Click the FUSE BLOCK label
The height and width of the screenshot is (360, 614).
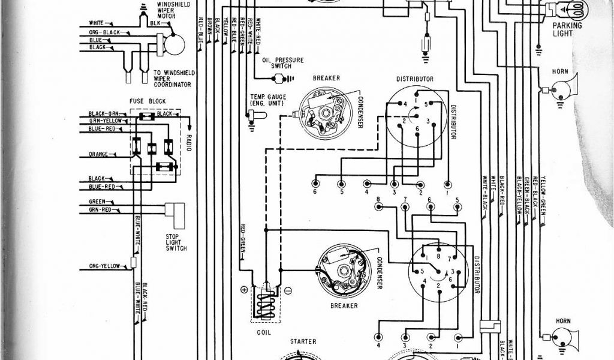148,101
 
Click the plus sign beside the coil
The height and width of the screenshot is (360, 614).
244,289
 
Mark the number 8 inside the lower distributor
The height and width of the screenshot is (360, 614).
439,256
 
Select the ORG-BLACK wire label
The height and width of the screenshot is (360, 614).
103,32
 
